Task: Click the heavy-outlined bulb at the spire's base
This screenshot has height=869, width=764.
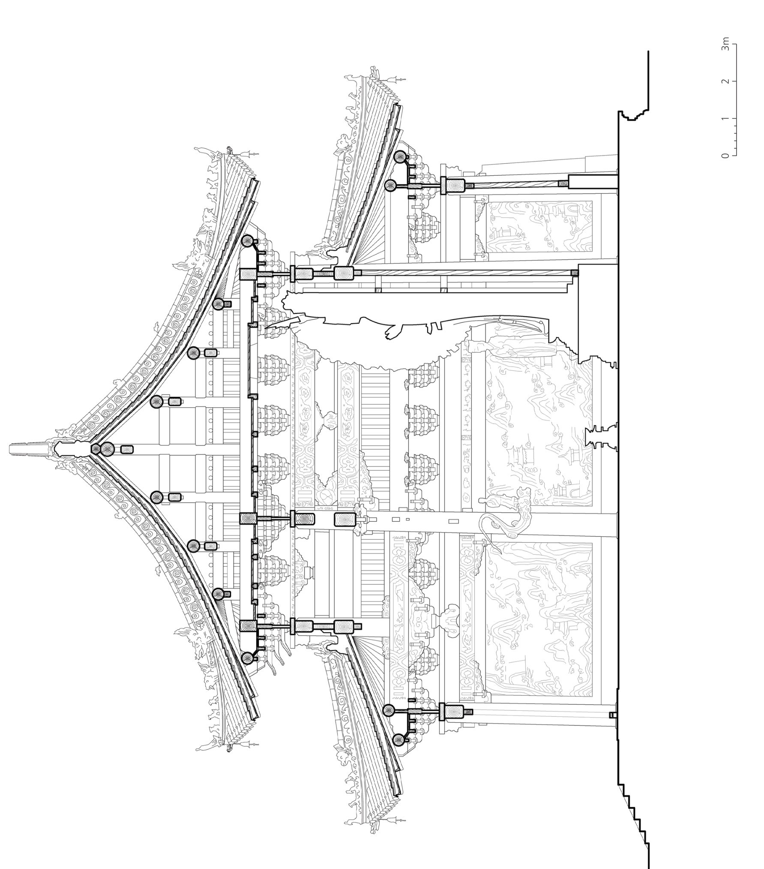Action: [x=69, y=449]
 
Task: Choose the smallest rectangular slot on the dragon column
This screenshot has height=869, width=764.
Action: [x=407, y=519]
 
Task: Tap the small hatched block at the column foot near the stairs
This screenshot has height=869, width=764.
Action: [x=612, y=715]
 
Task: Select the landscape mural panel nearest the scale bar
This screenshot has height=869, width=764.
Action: [x=540, y=227]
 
